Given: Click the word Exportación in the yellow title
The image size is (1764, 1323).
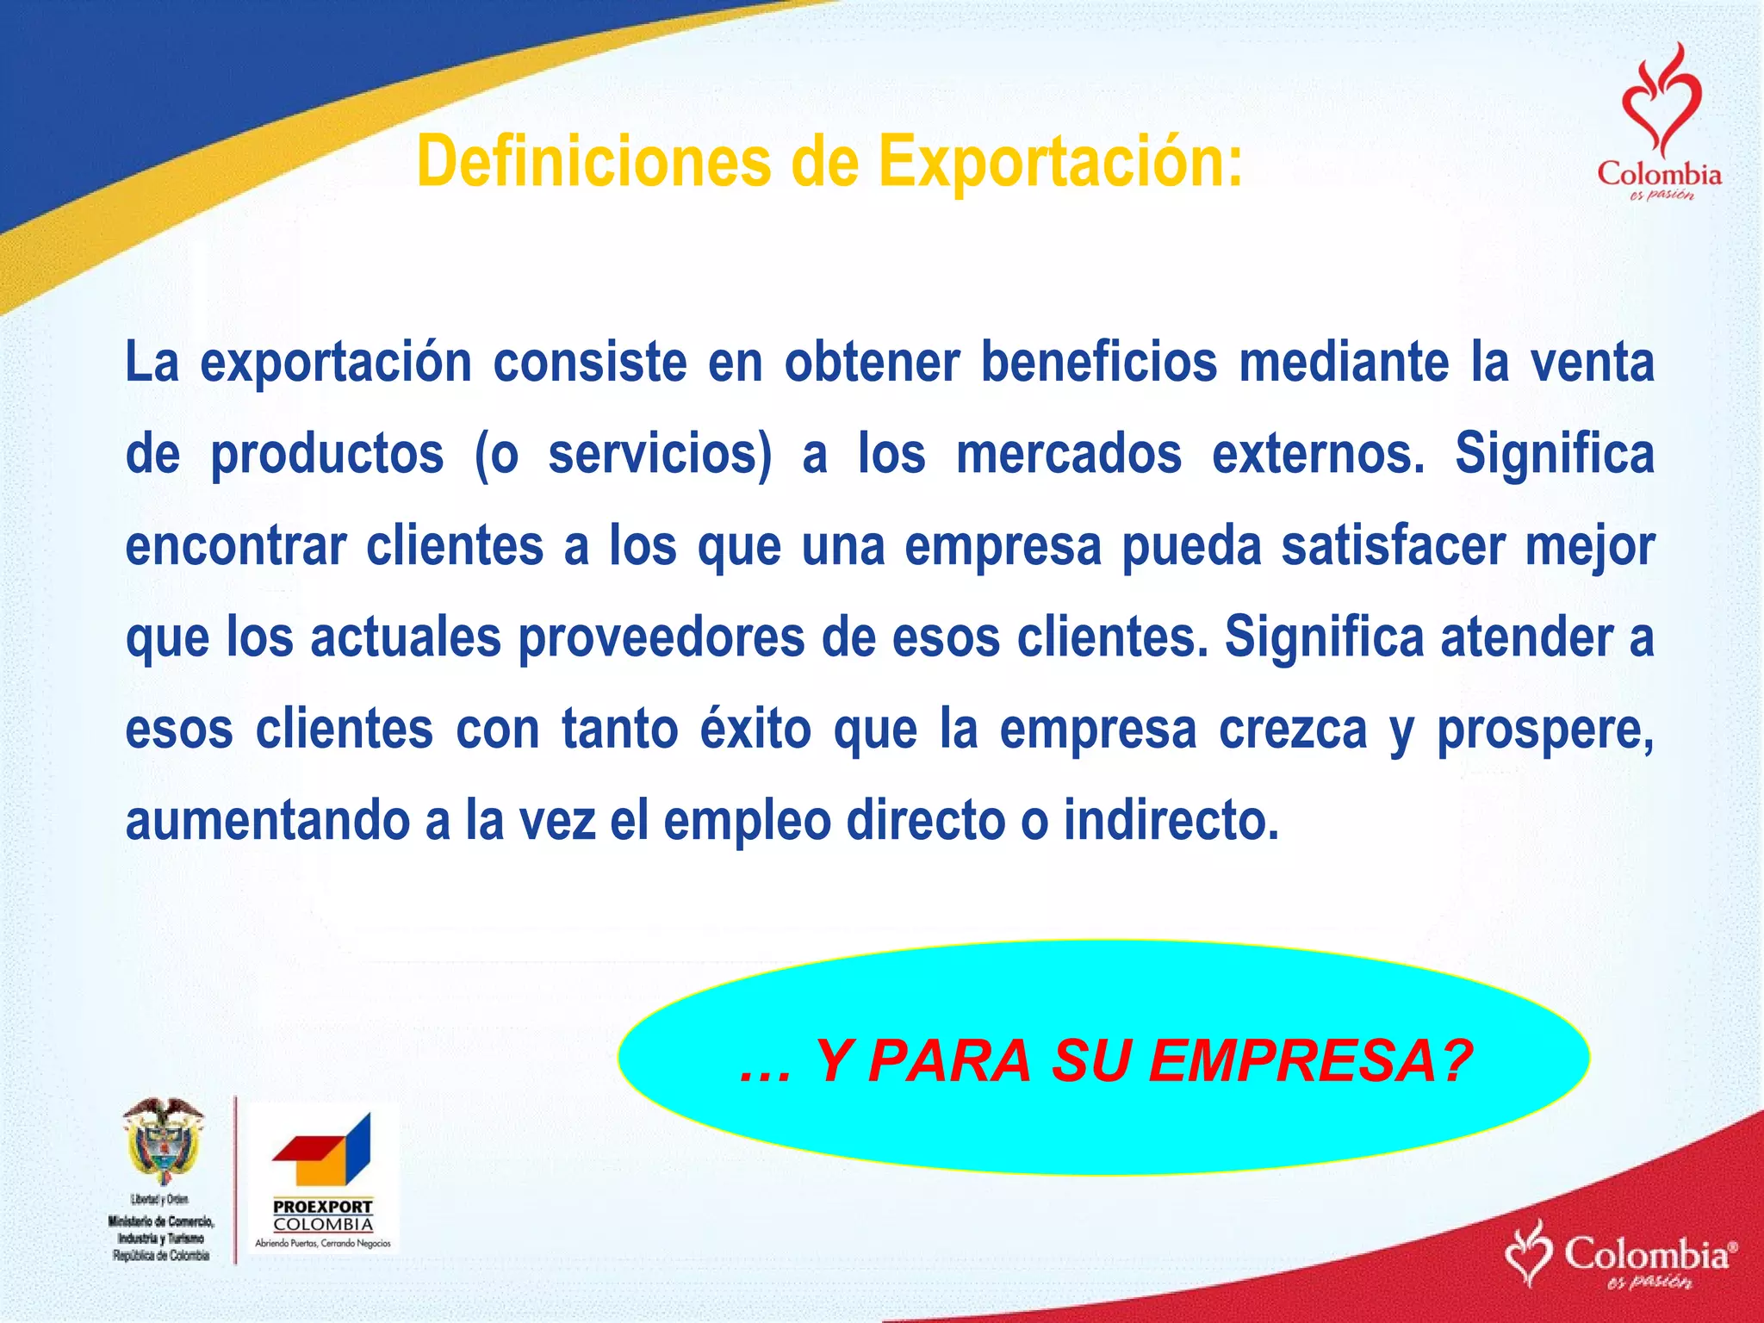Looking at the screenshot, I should [x=1060, y=162].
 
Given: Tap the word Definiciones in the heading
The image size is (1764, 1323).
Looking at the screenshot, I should [x=593, y=162].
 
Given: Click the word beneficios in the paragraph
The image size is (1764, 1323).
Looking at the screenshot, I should [x=1098, y=363].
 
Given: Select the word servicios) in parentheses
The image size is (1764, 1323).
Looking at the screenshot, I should [x=660, y=455].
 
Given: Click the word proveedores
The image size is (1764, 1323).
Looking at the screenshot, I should [x=661, y=638].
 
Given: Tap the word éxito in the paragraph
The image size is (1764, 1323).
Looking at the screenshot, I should [x=755, y=730].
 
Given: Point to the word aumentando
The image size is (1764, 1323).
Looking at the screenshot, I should [x=268, y=821].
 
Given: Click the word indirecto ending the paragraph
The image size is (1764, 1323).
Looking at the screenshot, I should [x=1171, y=821].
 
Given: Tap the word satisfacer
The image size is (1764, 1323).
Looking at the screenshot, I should [x=1393, y=547].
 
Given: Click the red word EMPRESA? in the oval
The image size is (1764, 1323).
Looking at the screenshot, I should [x=1310, y=1061].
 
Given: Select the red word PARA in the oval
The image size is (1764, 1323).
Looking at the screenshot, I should [x=948, y=1061].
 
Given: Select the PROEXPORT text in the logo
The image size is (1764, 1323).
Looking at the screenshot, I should [x=323, y=1207].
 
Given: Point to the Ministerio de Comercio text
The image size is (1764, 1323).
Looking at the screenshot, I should [x=162, y=1221].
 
